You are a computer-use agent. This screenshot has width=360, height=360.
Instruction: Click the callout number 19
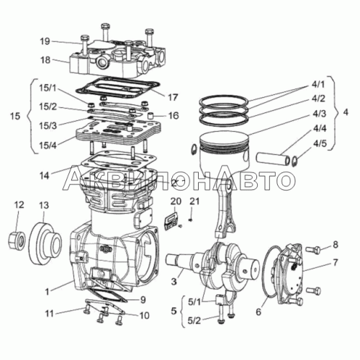[45, 41]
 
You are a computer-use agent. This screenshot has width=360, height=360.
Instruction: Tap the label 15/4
[48, 145]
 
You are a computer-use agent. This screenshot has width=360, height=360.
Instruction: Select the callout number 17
[173, 97]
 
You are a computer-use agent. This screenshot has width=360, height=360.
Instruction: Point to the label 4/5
[320, 143]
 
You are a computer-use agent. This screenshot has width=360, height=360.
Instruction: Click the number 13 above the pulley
[44, 205]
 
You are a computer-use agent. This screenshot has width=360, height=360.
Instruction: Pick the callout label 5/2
[194, 320]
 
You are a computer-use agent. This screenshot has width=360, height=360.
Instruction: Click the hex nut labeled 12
[17, 240]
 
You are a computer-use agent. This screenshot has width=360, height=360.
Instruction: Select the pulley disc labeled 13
[45, 243]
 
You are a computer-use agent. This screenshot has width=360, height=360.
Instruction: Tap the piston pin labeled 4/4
[273, 159]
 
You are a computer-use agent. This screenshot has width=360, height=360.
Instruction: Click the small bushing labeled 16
[150, 116]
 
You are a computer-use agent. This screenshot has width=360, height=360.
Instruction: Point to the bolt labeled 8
[313, 250]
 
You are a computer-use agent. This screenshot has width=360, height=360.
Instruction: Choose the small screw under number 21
[191, 220]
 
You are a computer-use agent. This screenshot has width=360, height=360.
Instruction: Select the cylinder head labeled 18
[117, 57]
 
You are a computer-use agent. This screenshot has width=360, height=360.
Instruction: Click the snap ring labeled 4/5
[294, 161]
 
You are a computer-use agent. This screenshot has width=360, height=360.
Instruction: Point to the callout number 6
[258, 312]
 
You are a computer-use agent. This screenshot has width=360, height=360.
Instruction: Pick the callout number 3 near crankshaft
[174, 281]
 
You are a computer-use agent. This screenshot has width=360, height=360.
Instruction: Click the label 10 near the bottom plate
[145, 315]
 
